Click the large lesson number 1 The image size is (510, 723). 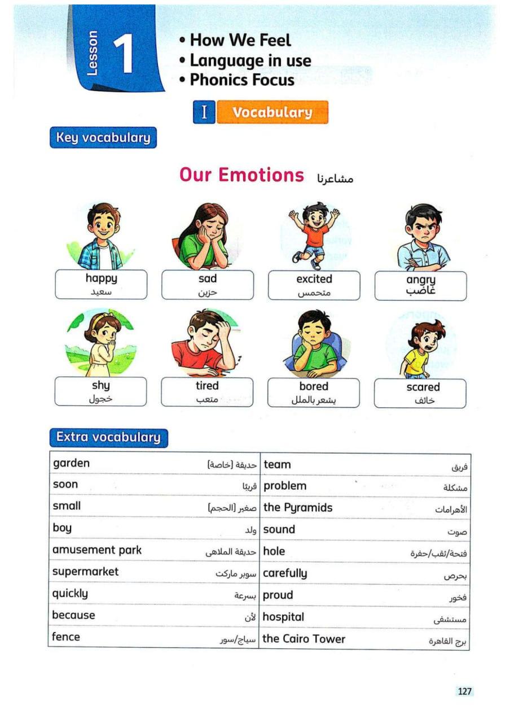click(123, 55)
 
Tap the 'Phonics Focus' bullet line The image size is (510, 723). click(241, 80)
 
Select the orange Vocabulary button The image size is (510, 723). click(272, 112)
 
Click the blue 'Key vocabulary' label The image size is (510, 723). click(103, 137)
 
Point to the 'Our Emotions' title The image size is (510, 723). click(241, 175)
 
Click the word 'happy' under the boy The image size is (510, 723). click(102, 278)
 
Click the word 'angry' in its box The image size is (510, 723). click(421, 280)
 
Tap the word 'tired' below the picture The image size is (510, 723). click(207, 386)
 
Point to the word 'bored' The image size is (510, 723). click(314, 386)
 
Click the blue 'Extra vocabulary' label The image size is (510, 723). click(108, 437)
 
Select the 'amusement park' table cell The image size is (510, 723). click(97, 550)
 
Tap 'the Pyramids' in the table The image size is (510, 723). click(298, 507)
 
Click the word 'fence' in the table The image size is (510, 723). click(66, 637)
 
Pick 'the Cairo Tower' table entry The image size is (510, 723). click(304, 639)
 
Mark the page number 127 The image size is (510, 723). click(465, 691)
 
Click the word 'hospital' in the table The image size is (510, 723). click(283, 617)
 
